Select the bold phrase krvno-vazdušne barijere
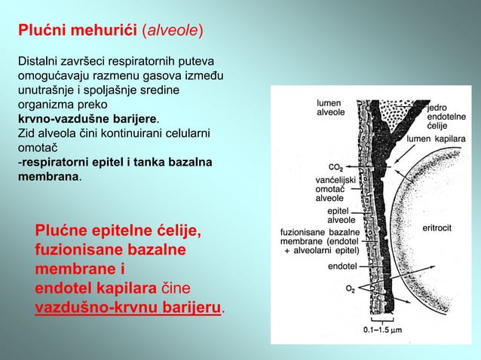[x=87, y=120]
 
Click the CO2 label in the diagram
[x=335, y=167]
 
